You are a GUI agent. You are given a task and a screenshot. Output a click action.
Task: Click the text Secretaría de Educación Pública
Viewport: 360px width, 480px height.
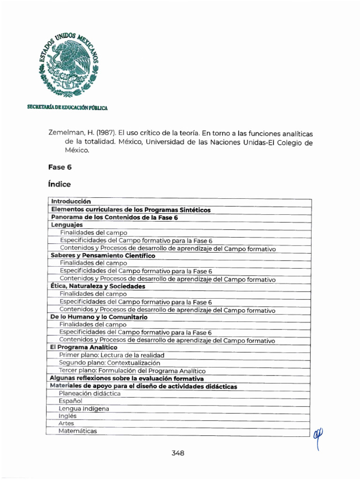pyautogui.click(x=67, y=108)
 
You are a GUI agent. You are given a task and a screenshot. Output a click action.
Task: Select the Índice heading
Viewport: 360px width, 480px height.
pyautogui.click(x=59, y=184)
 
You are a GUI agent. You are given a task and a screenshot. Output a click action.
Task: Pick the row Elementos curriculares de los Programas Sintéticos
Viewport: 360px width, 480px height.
pyautogui.click(x=131, y=210)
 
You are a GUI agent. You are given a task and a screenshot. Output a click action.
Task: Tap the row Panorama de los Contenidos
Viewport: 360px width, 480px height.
pyautogui.click(x=114, y=217)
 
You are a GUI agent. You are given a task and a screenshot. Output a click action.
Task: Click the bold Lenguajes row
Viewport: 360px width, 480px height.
pyautogui.click(x=67, y=225)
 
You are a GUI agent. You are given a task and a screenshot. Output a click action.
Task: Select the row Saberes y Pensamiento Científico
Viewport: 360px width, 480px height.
pyautogui.click(x=103, y=256)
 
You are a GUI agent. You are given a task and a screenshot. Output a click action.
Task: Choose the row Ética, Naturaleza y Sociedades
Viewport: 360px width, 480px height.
pyautogui.click(x=97, y=286)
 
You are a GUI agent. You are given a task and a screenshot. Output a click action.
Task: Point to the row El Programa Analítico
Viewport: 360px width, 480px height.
pyautogui.click(x=83, y=347)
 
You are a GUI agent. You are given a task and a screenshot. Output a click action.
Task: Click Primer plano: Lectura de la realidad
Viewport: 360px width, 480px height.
pyautogui.click(x=112, y=355)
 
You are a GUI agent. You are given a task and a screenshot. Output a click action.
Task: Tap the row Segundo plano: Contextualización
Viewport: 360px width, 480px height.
pyautogui.click(x=109, y=363)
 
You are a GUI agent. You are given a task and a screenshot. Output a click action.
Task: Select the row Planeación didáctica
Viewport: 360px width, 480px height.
pyautogui.click(x=90, y=393)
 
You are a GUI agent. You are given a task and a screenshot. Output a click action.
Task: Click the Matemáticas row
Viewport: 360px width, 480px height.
pyautogui.click(x=78, y=431)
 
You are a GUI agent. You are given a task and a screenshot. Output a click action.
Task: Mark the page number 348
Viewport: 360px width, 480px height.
pyautogui.click(x=178, y=453)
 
